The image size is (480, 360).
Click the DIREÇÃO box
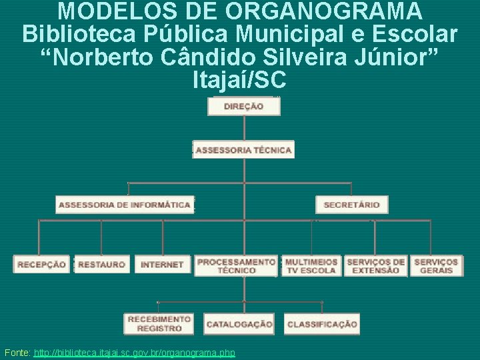click(244, 107)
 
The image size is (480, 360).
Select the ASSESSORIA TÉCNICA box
click(244, 150)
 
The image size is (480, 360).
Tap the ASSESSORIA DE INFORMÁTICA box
click(125, 205)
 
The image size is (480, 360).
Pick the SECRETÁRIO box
click(351, 205)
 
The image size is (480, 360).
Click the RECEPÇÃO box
click(42, 265)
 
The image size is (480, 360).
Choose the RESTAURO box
click(101, 265)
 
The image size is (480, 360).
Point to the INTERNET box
click(162, 265)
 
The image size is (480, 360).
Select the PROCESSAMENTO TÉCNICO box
click(237, 265)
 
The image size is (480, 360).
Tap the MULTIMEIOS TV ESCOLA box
click(311, 265)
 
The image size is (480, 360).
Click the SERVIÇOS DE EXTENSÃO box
click(375, 265)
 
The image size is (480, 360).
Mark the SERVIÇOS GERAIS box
click(436, 265)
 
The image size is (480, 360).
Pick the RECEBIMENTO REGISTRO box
click(159, 323)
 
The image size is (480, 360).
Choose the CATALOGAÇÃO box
click(239, 324)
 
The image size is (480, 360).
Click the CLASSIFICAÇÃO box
click(322, 324)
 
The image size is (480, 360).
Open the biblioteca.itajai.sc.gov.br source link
click(134, 352)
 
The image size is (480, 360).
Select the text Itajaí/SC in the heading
click(239, 80)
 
